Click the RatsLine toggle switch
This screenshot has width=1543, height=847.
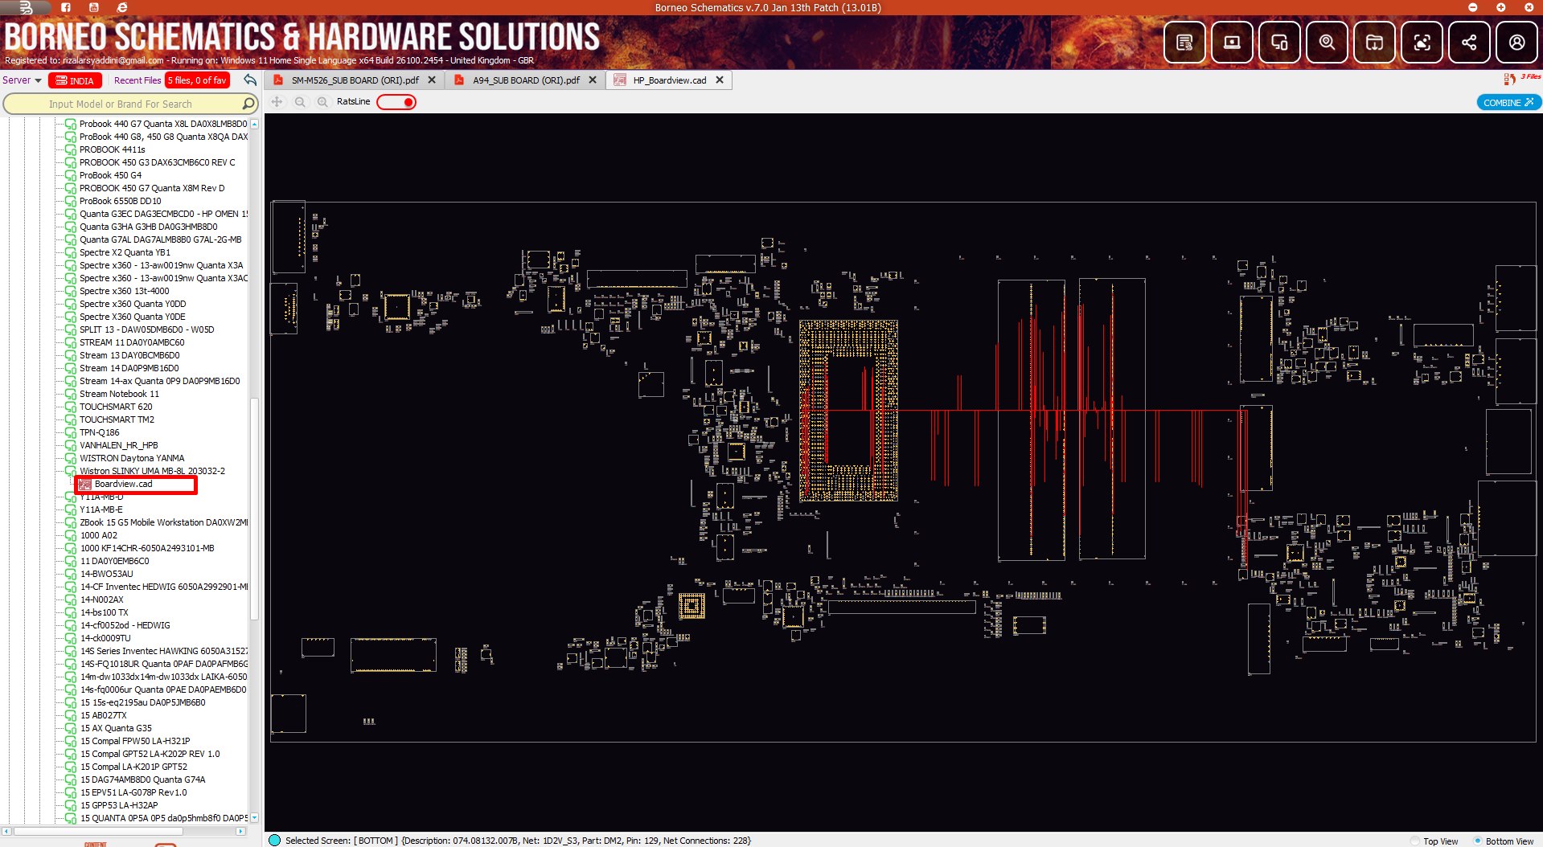396,102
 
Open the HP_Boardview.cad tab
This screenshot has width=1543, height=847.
669,80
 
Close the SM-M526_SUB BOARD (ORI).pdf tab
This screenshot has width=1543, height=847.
432,80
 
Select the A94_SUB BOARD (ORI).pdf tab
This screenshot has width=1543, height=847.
526,80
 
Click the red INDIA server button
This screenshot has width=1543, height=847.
75,80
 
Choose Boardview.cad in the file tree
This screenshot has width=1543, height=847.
123,484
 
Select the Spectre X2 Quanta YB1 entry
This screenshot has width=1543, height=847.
125,252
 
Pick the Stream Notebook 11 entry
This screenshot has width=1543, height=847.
119,394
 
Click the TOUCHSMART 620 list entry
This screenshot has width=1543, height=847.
116,407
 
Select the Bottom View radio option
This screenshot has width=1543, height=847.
1478,841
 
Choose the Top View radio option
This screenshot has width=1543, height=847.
1416,841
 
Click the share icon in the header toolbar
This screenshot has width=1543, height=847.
1469,43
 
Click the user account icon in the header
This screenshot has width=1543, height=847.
1516,43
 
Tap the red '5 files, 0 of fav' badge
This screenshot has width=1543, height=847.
197,80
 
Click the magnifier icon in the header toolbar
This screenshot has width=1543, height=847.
1327,43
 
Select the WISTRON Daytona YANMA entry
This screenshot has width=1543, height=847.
132,458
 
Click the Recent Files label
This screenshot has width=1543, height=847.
137,80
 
